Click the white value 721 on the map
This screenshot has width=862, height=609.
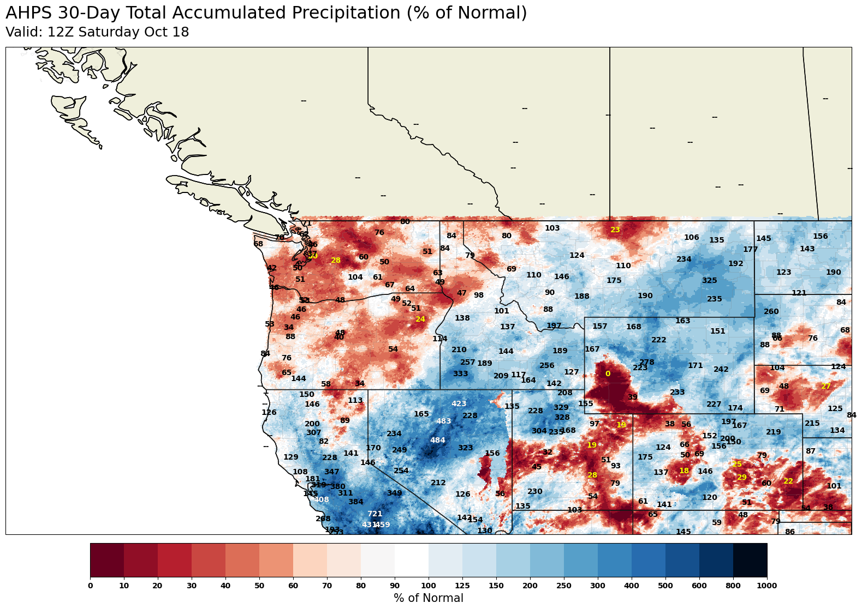click(x=374, y=514)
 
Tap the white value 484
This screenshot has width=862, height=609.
click(x=437, y=440)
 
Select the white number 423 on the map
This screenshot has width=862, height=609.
click(x=459, y=403)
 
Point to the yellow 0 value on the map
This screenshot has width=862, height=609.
click(x=608, y=373)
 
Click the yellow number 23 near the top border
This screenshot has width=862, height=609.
click(x=615, y=230)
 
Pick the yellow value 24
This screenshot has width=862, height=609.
click(x=420, y=319)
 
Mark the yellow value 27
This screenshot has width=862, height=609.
click(x=826, y=386)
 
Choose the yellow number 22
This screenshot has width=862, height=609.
click(x=788, y=481)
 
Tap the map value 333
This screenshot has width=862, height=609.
click(x=460, y=373)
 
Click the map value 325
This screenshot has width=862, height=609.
click(x=709, y=280)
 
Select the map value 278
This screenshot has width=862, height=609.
click(x=646, y=362)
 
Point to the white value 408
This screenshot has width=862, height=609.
click(x=322, y=499)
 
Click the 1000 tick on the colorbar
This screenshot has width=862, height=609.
click(x=766, y=586)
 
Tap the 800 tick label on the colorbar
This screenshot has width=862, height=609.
click(x=733, y=586)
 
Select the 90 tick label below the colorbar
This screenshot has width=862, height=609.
click(x=395, y=586)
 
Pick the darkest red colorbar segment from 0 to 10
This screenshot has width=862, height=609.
click(x=107, y=560)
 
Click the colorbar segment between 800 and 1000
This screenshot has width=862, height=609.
click(x=750, y=560)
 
